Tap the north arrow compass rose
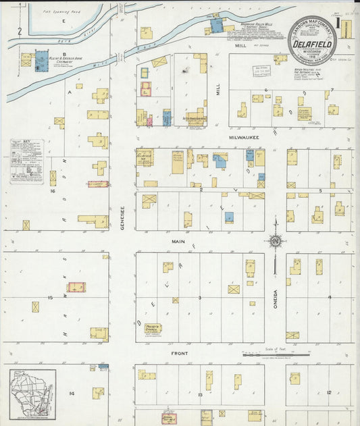pos(275,240)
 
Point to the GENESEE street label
pos(123,218)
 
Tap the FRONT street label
pos(178,353)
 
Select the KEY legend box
pos(27,161)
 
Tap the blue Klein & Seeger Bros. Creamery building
pos(41,60)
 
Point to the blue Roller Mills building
pos(217,26)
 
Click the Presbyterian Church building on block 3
pos(153,328)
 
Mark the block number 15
pos(50,297)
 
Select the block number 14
pos(71,392)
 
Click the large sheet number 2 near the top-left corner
pos(20,30)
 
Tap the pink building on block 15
pos(76,288)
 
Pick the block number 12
pos(329,392)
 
